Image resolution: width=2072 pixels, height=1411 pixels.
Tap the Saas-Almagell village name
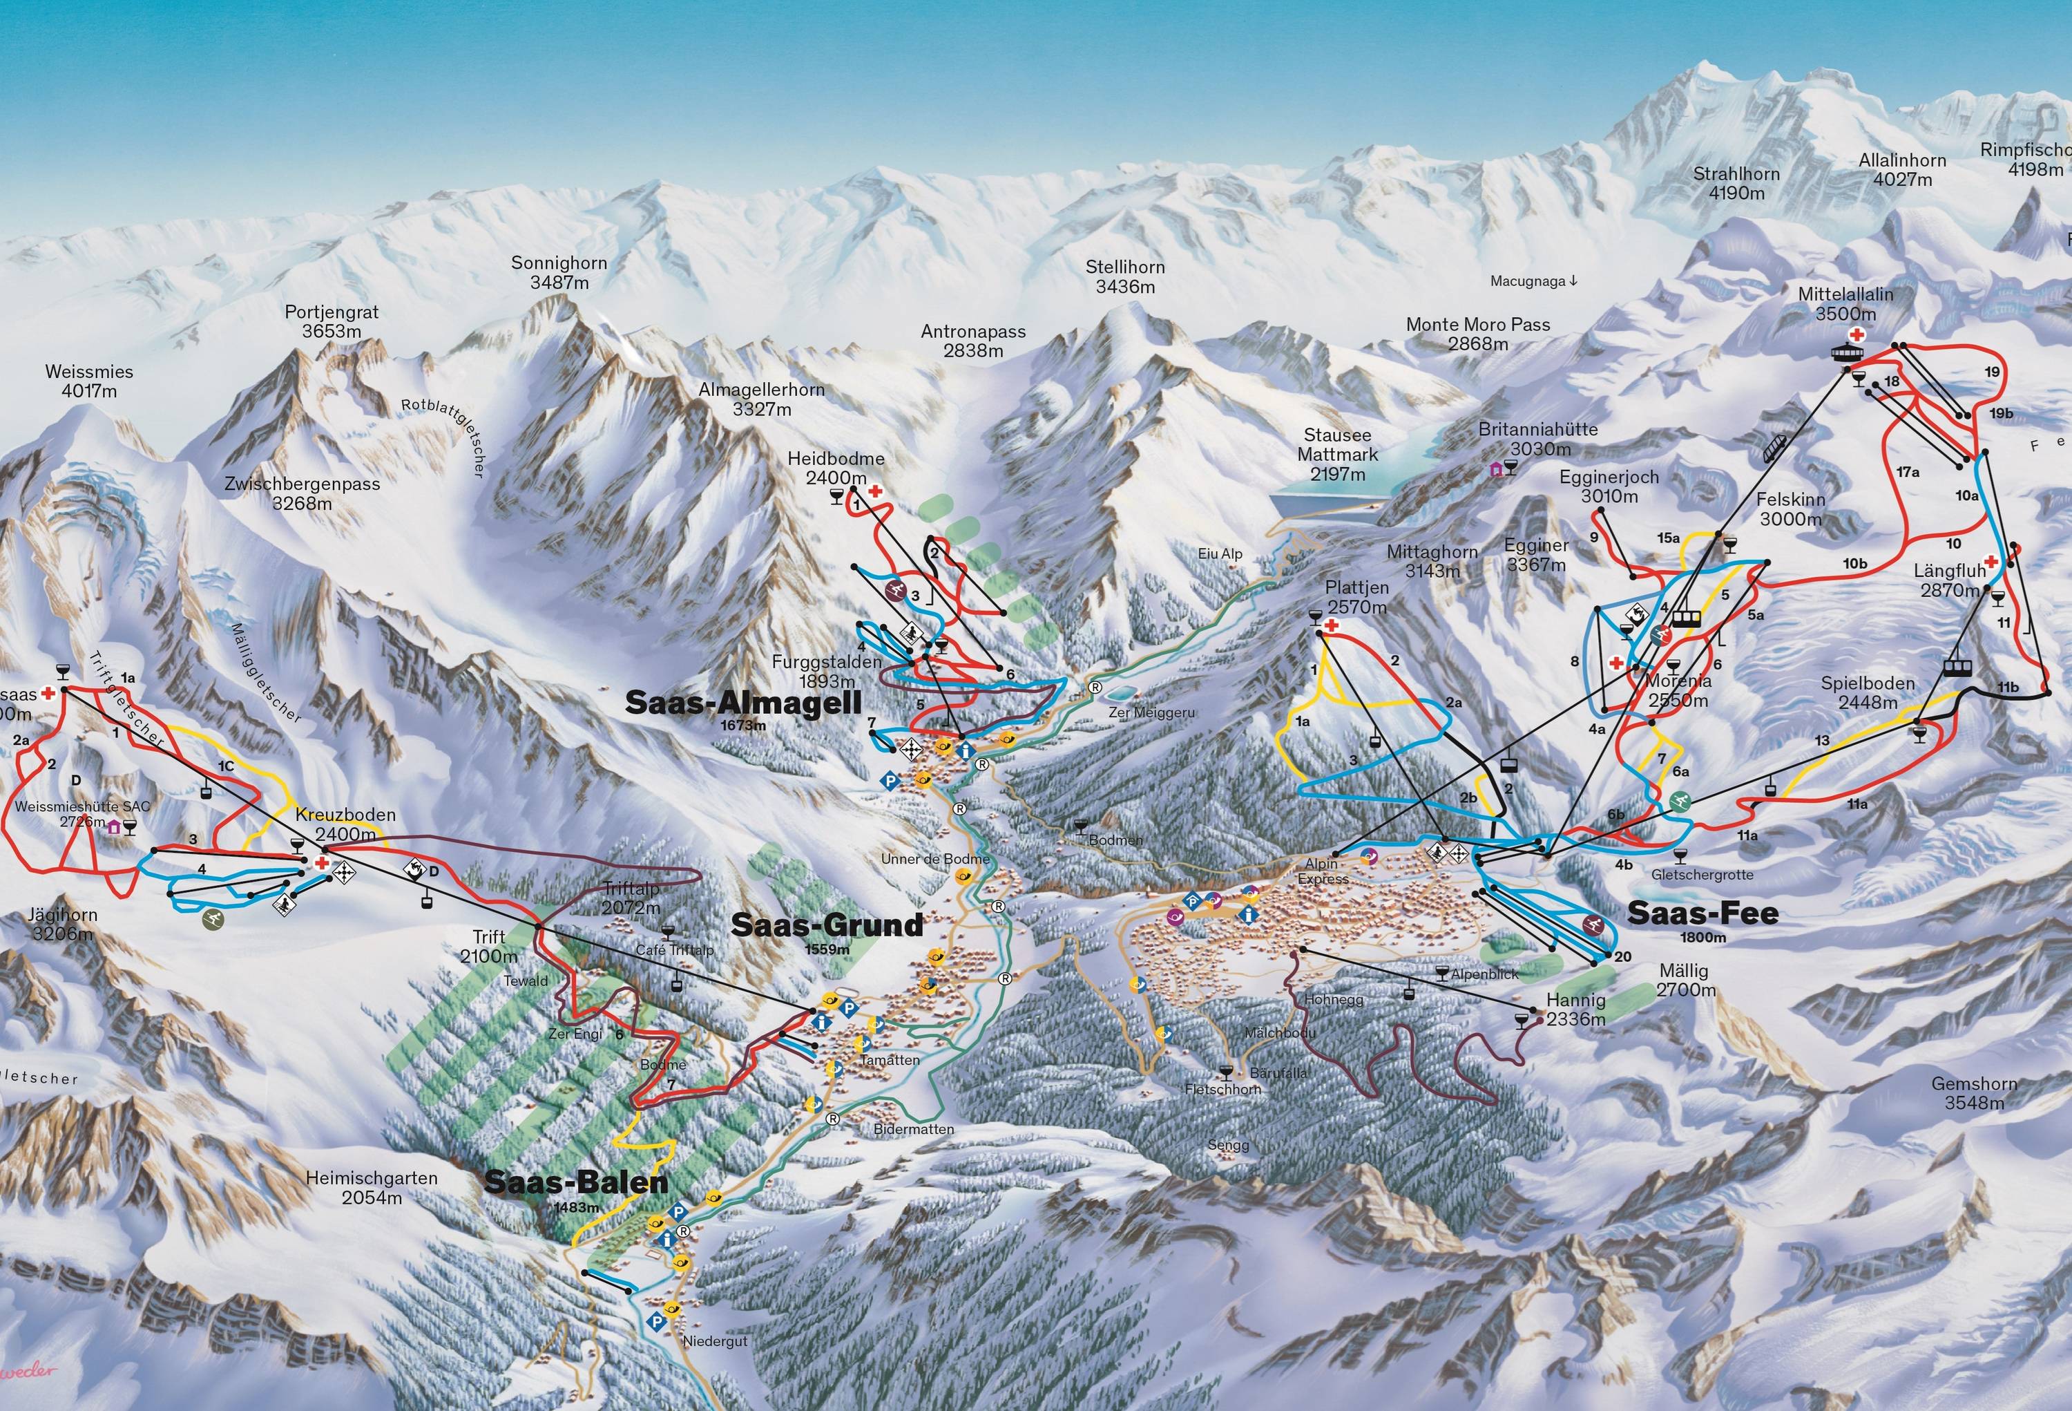(x=742, y=703)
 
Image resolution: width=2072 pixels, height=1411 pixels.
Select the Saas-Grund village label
(x=827, y=925)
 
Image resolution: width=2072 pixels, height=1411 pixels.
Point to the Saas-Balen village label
(x=576, y=1183)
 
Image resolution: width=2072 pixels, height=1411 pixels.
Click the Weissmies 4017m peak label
(x=89, y=381)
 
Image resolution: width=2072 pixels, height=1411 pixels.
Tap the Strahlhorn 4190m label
(x=1736, y=183)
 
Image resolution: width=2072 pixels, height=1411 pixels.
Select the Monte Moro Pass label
(x=1477, y=334)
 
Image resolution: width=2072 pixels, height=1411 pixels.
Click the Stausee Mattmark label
(x=1337, y=455)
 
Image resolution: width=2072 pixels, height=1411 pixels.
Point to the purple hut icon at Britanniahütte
(x=1495, y=469)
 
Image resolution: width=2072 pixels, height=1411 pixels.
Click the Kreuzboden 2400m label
(x=345, y=824)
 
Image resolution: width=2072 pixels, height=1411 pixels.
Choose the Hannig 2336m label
(x=1575, y=1010)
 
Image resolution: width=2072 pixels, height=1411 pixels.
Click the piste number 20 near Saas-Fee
(x=1622, y=957)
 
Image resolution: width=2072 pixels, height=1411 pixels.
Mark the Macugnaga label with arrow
(x=1533, y=281)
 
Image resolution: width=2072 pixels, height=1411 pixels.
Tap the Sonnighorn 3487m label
(x=559, y=272)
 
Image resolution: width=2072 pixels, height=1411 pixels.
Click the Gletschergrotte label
(x=1702, y=875)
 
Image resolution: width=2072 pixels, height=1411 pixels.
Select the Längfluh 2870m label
(x=1949, y=580)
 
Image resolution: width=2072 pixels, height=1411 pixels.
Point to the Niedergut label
(x=715, y=1341)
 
